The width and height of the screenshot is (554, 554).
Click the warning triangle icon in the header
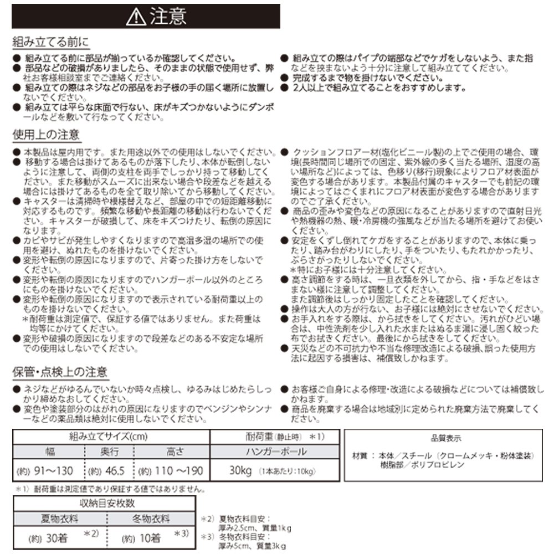coord(135,17)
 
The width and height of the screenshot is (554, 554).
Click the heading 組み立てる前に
coord(50,43)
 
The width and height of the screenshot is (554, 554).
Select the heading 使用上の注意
coord(46,135)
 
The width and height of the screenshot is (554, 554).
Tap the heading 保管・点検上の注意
coord(60,372)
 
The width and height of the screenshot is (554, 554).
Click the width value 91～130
coord(53,471)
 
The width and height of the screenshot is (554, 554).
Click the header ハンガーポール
coord(276,452)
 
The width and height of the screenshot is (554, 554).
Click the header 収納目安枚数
coord(104,504)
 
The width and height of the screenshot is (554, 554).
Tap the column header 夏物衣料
coord(59,519)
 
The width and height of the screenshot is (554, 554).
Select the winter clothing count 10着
coord(147,537)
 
